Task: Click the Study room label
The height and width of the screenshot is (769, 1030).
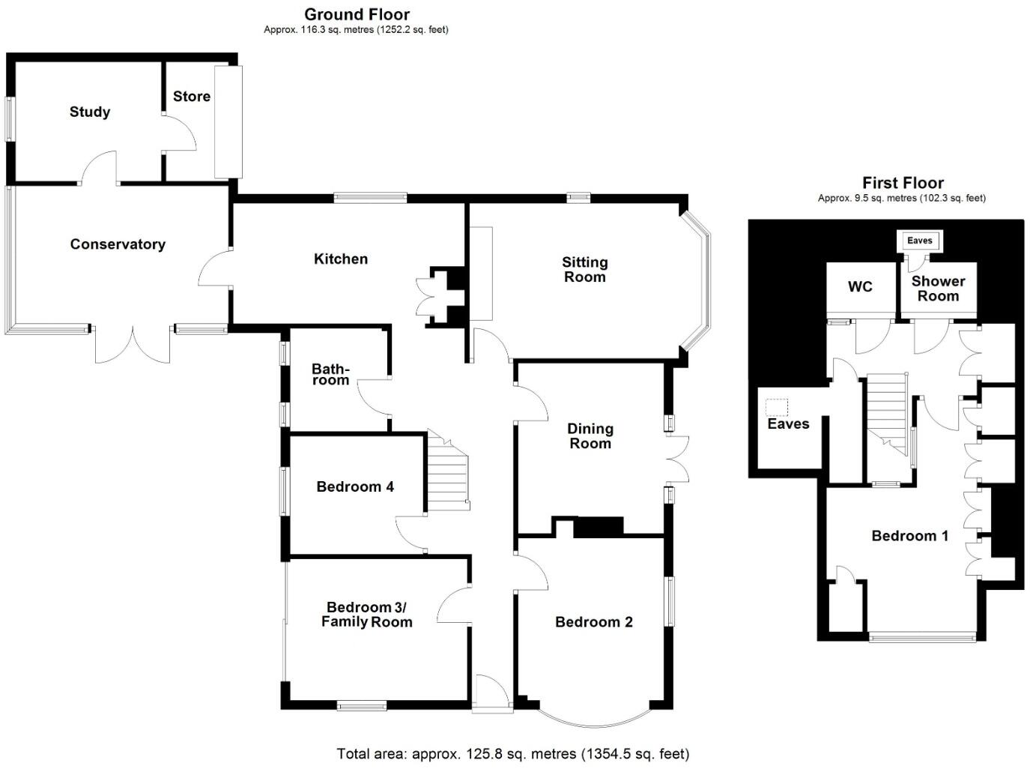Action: coord(90,112)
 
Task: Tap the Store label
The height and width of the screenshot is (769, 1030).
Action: coord(191,97)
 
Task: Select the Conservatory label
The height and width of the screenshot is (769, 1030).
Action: coord(118,244)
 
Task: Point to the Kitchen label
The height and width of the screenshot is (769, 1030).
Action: coord(341,259)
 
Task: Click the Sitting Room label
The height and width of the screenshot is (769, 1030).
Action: coord(585,270)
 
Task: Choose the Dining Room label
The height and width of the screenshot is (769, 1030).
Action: coord(590,436)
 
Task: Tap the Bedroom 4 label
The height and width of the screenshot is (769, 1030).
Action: coord(355,487)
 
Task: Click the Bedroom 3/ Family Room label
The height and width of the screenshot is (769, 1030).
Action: coord(366,615)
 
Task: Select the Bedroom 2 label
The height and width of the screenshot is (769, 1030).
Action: coord(594,622)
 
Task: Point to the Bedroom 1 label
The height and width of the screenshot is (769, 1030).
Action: coord(910,536)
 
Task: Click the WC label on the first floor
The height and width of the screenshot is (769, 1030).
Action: coord(861,287)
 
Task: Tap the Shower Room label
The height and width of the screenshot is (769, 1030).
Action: coord(939,289)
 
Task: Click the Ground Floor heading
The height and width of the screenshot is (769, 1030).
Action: coord(357,14)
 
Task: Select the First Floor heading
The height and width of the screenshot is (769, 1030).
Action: coord(903,183)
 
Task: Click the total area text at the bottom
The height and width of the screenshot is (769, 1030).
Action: coord(513,754)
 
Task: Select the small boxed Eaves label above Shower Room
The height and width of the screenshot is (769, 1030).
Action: coord(920,241)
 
